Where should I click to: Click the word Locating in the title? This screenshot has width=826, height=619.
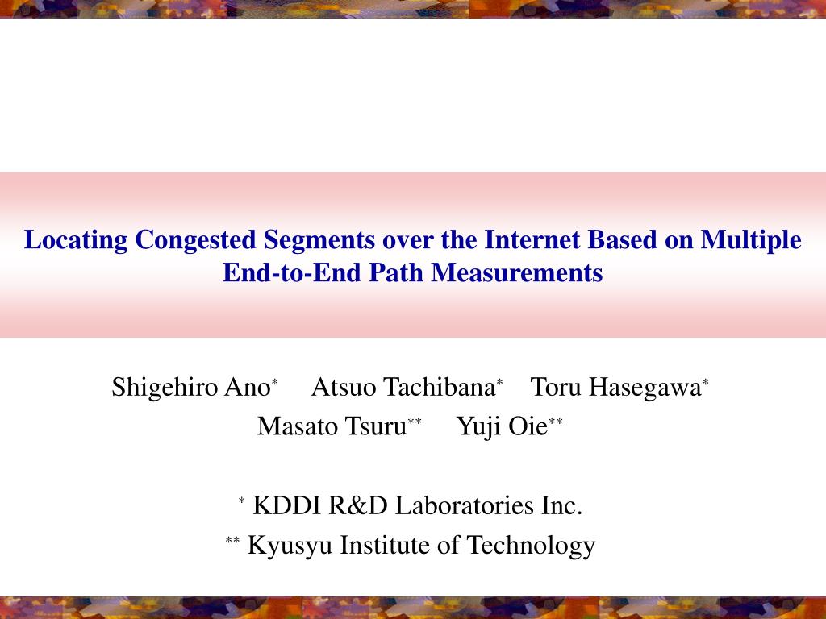click(76, 240)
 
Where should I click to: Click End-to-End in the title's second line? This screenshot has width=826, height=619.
click(293, 273)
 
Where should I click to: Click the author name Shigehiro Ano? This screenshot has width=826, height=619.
click(190, 388)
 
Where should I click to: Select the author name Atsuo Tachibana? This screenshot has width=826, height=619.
click(403, 388)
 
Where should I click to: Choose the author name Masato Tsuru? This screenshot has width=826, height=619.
click(332, 426)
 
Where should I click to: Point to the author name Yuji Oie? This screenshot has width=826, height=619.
click(502, 426)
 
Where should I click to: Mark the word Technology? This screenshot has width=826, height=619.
click(532, 546)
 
